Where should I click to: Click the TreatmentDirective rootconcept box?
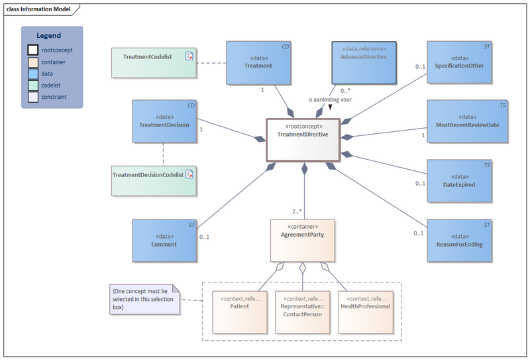click(303, 140)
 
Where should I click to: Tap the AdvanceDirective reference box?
click(363, 62)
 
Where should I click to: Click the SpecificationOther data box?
click(459, 62)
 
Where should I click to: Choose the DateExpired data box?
click(459, 181)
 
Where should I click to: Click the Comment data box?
click(164, 241)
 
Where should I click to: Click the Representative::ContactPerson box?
click(302, 311)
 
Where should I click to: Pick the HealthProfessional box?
click(366, 311)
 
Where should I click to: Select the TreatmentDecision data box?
click(164, 121)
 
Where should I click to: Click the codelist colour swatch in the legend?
click(32, 86)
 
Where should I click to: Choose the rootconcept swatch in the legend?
click(32, 50)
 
